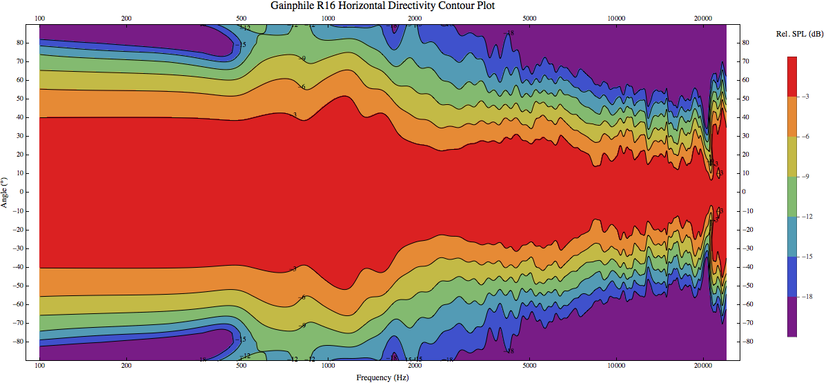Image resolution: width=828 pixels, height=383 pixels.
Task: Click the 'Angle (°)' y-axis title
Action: [x=6, y=192]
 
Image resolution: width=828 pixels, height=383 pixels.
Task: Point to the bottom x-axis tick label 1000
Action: [x=328, y=366]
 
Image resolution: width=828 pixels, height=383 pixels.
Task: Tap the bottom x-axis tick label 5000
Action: [x=529, y=366]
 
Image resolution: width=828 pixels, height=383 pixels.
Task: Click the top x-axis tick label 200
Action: [x=126, y=18]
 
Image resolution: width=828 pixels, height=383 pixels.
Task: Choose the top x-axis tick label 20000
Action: [x=703, y=18]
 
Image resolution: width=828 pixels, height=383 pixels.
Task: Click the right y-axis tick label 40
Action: [x=745, y=117]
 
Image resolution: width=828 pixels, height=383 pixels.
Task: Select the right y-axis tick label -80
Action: [x=747, y=341]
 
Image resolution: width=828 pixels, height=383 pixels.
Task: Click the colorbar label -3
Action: [x=805, y=97]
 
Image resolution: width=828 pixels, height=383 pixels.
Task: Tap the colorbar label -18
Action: [x=806, y=297]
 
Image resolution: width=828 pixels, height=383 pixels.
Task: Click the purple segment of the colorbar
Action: [x=791, y=317]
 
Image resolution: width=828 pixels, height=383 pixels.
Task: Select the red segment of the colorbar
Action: [x=791, y=77]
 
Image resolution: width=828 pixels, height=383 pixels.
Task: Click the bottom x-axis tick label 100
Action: [x=39, y=366]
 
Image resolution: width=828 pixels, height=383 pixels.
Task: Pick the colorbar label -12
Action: [x=806, y=217]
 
